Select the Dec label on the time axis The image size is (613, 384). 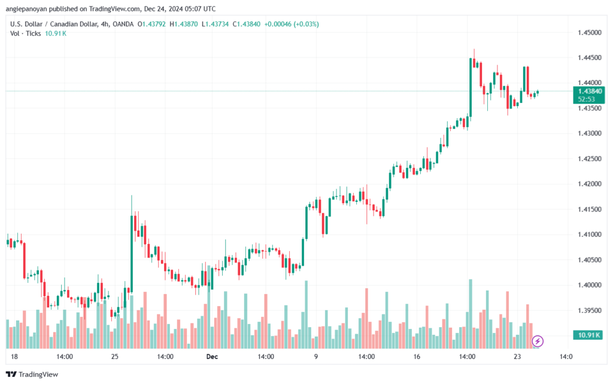(x=211, y=357)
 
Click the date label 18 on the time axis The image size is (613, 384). (x=14, y=357)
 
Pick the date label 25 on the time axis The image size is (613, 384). (x=116, y=357)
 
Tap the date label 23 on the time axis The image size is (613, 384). (x=517, y=357)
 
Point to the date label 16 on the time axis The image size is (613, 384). (x=417, y=357)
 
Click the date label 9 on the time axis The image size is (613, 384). (x=315, y=357)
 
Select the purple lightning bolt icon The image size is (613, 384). (x=538, y=341)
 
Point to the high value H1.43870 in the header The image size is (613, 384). (x=186, y=24)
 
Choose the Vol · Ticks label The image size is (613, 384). (x=25, y=34)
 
